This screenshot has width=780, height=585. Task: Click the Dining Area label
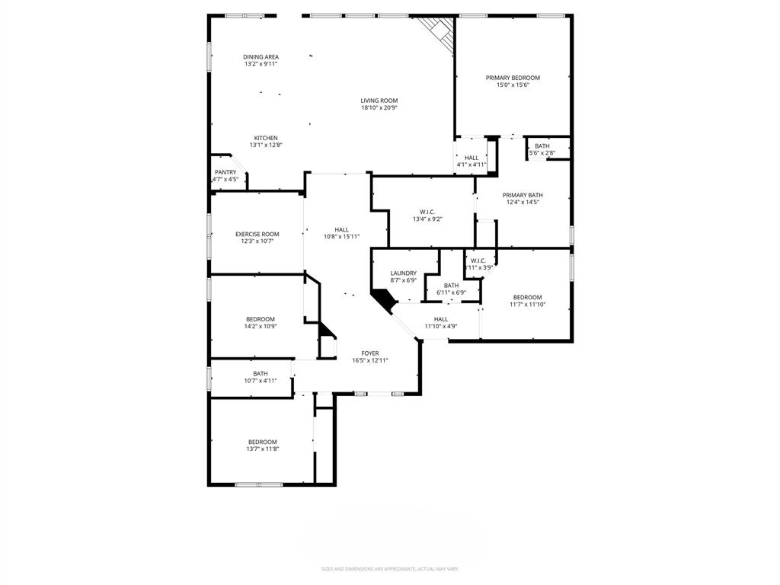click(x=261, y=57)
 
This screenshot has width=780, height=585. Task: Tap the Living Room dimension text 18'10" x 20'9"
click(x=379, y=108)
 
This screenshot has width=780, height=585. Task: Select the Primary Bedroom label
click(x=513, y=78)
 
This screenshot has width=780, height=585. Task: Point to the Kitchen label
click(x=266, y=139)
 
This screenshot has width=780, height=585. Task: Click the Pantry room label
click(x=225, y=173)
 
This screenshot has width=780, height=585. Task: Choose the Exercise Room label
click(x=257, y=235)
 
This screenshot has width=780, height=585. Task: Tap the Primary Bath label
click(x=523, y=196)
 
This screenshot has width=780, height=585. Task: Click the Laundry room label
click(x=403, y=273)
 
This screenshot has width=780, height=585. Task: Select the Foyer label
click(x=370, y=353)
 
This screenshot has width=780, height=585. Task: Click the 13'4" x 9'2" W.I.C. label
click(x=427, y=212)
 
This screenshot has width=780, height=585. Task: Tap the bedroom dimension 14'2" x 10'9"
click(x=261, y=326)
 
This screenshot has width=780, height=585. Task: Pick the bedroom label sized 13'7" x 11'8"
click(x=262, y=442)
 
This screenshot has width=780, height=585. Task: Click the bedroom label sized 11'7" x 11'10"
click(x=527, y=297)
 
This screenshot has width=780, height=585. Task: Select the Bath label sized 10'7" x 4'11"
click(x=261, y=374)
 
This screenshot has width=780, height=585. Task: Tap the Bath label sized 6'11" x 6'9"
click(x=452, y=286)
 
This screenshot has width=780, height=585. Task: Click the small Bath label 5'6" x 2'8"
click(x=542, y=146)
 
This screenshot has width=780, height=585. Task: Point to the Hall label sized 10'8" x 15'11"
click(x=341, y=230)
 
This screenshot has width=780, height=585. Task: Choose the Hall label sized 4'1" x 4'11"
click(x=472, y=158)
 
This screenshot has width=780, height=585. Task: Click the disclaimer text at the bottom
click(x=389, y=569)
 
